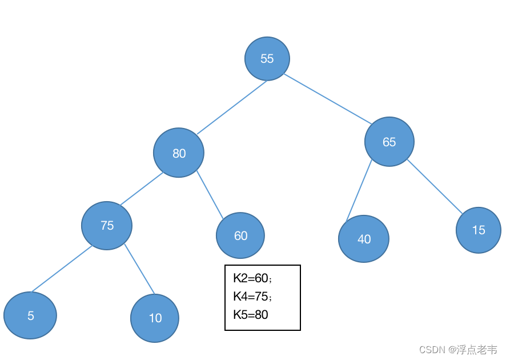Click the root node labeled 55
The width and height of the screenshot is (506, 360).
(267, 59)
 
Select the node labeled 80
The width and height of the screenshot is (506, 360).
(179, 153)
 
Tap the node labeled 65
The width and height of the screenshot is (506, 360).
(389, 142)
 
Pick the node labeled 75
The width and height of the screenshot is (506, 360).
(107, 226)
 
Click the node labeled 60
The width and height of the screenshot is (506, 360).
(240, 235)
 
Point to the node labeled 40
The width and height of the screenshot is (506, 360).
(364, 239)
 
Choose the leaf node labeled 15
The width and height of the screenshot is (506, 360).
(479, 230)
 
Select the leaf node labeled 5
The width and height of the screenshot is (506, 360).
(30, 315)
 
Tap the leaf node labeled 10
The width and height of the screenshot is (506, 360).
(155, 318)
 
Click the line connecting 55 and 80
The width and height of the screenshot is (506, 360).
(232, 107)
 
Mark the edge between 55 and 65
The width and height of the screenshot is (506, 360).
(328, 99)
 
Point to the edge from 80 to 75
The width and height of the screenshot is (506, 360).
(142, 189)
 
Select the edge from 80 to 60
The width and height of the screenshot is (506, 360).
(210, 195)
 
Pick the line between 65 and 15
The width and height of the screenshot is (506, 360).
(435, 186)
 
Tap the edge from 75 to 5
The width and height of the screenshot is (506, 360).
(62, 269)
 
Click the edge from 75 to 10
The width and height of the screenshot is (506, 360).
(140, 269)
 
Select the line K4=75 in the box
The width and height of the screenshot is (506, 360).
(252, 297)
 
